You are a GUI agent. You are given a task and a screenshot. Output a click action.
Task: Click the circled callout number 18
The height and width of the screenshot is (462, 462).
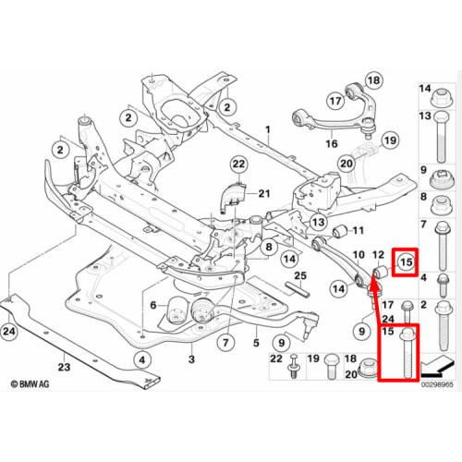click(x=374, y=80)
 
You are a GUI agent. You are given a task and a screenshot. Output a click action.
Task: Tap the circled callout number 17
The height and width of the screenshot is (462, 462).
click(x=335, y=101)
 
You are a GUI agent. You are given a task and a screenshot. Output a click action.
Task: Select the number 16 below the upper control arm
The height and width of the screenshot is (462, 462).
click(x=332, y=143)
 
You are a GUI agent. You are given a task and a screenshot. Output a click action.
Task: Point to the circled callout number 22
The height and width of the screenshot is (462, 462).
click(x=238, y=164)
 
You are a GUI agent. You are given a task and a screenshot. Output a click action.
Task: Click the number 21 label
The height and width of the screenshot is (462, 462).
click(x=264, y=194)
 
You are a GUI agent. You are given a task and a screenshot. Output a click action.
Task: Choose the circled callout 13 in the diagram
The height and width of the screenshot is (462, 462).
click(x=318, y=222)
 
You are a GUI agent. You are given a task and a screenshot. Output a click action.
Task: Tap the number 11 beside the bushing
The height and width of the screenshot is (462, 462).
click(x=358, y=230)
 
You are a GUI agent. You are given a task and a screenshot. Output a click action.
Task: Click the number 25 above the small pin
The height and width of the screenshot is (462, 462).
click(x=300, y=275)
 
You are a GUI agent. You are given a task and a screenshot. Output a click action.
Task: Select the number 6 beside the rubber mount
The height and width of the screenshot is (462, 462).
click(x=153, y=305)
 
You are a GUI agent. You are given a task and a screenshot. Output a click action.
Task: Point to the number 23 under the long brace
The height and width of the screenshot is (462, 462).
click(x=64, y=367)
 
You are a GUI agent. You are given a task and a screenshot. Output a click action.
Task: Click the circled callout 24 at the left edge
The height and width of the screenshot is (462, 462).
click(x=9, y=332)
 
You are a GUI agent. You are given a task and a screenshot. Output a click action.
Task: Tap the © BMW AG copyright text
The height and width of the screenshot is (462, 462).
click(x=30, y=384)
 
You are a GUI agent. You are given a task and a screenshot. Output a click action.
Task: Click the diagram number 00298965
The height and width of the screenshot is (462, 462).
click(x=437, y=384)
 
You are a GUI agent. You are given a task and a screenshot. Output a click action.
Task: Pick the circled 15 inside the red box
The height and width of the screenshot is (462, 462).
click(x=406, y=262)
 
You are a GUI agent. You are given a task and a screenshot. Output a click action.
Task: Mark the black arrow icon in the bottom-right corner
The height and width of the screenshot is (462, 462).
click(x=438, y=366)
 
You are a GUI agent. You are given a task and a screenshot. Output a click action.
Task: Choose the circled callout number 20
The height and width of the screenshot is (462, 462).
click(x=346, y=163)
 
